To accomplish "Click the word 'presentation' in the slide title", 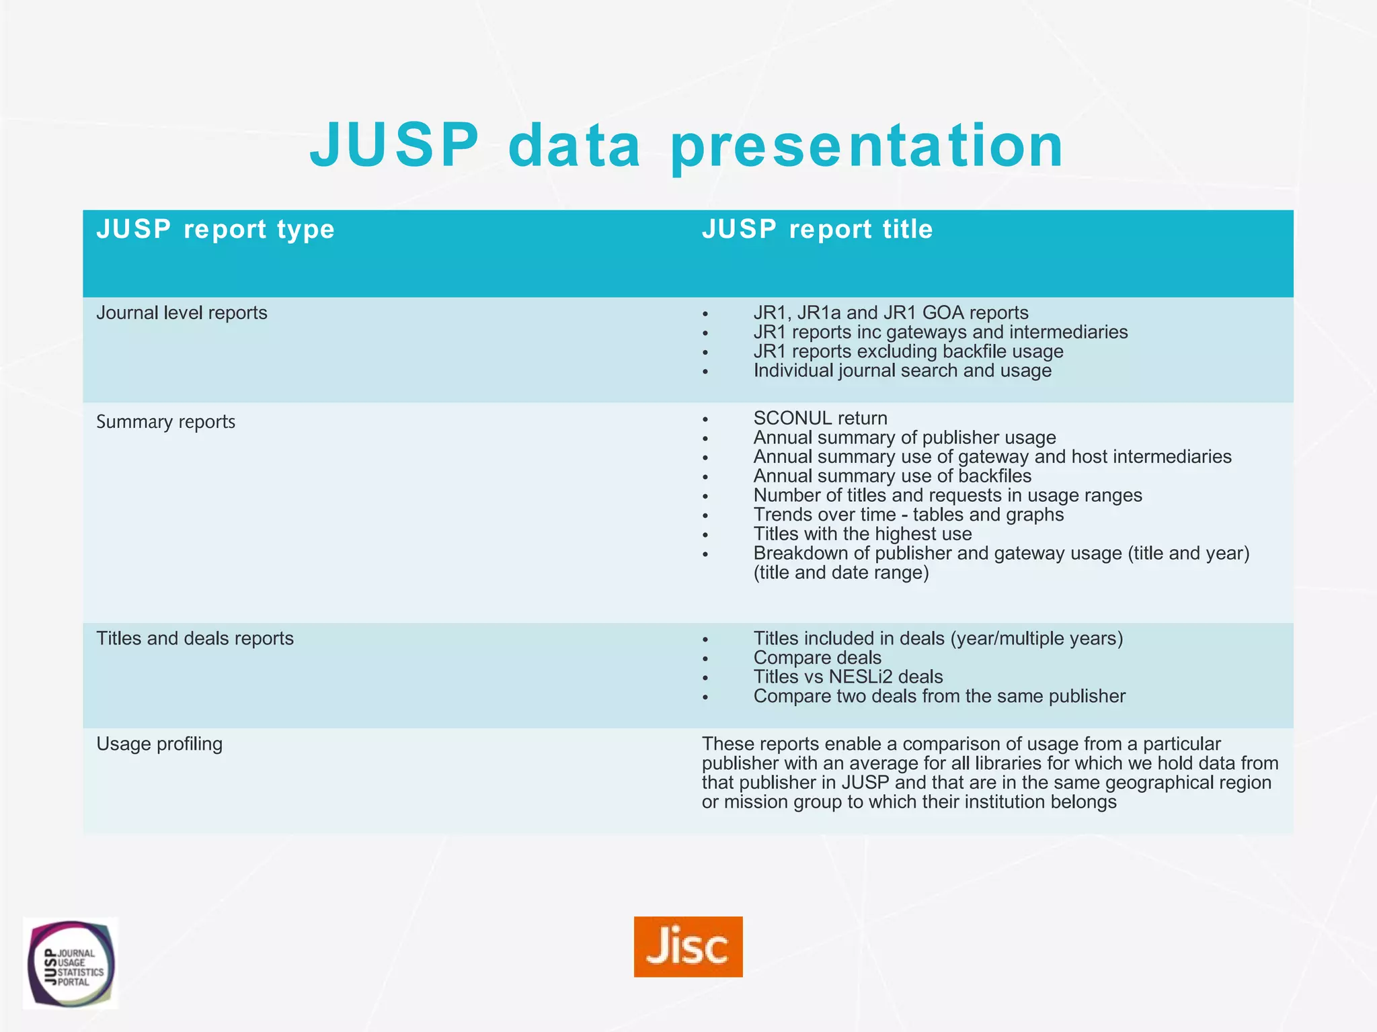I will (867, 146).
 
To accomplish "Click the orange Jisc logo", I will (688, 946).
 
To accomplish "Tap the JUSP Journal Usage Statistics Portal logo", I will (71, 963).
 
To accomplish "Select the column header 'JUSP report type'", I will (215, 230).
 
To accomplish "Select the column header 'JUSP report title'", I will (817, 230).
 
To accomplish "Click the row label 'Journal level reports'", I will (182, 313).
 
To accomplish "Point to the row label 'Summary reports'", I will (165, 422).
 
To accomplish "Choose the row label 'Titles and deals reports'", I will (195, 638).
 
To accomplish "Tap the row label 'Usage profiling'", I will (159, 744).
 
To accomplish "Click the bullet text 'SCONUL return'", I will (820, 419).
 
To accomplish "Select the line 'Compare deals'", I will (817, 658).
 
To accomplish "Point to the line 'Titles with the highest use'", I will (863, 534).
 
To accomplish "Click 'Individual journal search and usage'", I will (902, 371).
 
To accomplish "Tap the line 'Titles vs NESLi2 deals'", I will (848, 677).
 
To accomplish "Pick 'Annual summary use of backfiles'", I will (892, 476).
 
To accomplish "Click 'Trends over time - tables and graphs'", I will (908, 515).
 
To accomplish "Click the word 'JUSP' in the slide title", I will (394, 146).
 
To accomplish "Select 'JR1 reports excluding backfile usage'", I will (908, 352).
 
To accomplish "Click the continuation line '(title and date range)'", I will (841, 573).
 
